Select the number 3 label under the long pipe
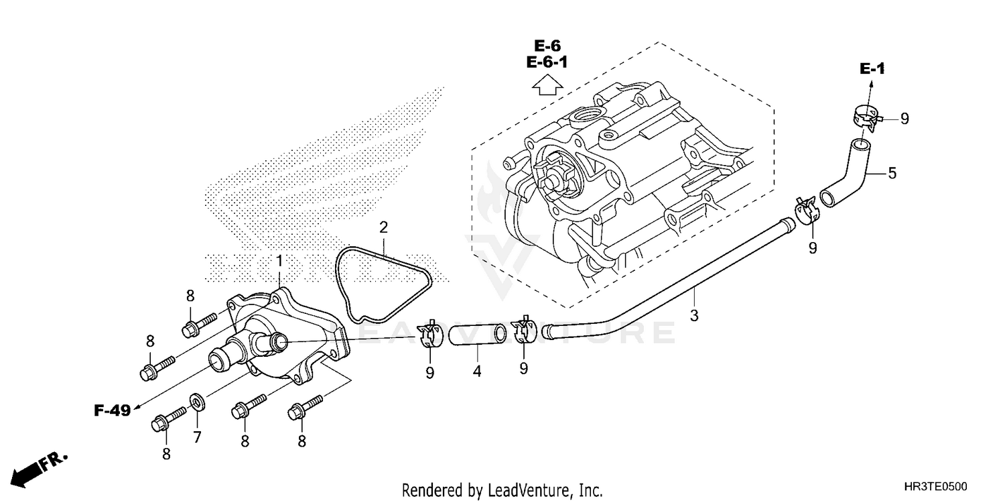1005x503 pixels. (x=694, y=315)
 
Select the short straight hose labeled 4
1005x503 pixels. (x=477, y=334)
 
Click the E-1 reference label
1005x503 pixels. (x=872, y=68)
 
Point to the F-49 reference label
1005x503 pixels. (x=111, y=411)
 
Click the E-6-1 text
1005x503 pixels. (x=547, y=63)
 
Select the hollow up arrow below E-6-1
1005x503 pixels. (x=547, y=87)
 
